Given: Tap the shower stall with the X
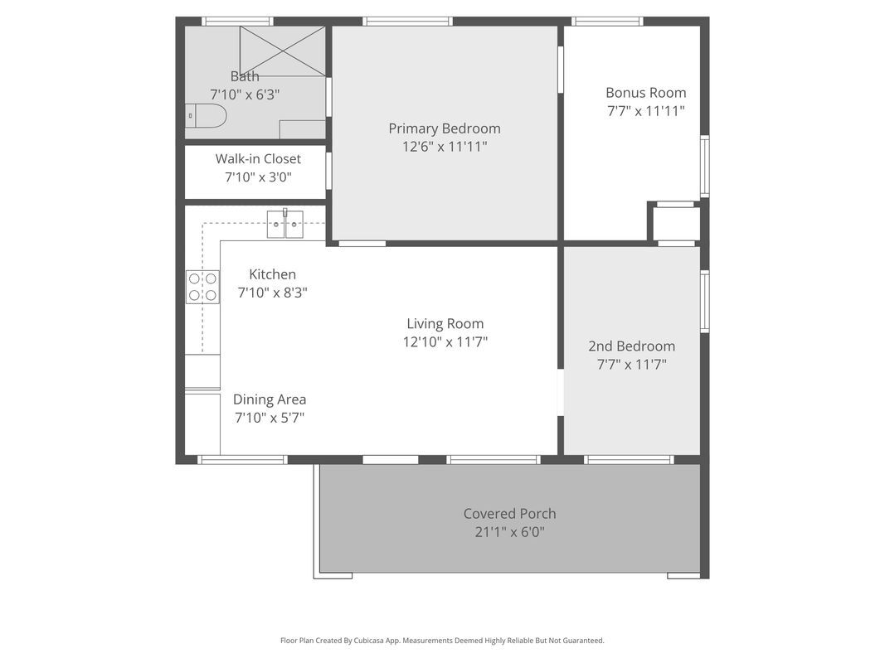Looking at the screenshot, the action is click(x=282, y=51).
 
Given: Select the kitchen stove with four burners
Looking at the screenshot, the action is click(x=203, y=287).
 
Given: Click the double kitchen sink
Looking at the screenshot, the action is click(x=285, y=224).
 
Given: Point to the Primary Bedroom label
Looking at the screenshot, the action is click(x=445, y=128).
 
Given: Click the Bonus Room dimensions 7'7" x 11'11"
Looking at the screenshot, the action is click(x=646, y=110).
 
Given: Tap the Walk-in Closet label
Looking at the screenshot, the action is click(x=258, y=159).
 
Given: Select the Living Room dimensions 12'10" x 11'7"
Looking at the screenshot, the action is click(x=445, y=341).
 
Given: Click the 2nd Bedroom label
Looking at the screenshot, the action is click(x=631, y=346).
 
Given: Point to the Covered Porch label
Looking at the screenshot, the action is click(x=509, y=514).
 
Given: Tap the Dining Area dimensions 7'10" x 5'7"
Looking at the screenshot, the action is click(x=270, y=418).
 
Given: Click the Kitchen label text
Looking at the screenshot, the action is click(x=273, y=274).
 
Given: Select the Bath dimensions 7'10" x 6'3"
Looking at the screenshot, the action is click(x=245, y=94).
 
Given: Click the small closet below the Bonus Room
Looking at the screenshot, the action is click(x=677, y=224).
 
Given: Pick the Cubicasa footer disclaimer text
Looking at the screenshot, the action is click(x=443, y=641).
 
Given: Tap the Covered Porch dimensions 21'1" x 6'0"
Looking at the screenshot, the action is click(x=509, y=531).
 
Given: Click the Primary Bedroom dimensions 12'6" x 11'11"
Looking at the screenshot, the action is click(x=445, y=147).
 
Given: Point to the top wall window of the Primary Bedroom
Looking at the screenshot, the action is click(x=407, y=22).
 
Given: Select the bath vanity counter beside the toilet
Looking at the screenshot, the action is click(x=303, y=129).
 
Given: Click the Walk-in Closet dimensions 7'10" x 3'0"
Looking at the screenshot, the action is click(x=259, y=177).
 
